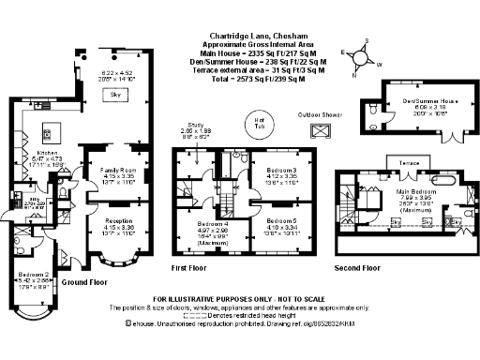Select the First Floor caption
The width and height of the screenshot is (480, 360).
192,267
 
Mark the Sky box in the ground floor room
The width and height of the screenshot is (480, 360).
116,95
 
